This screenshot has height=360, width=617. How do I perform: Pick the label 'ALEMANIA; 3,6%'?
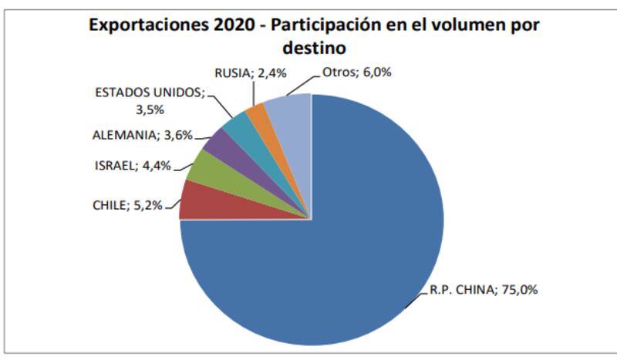140,136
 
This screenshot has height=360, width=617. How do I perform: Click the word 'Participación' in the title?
322,25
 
